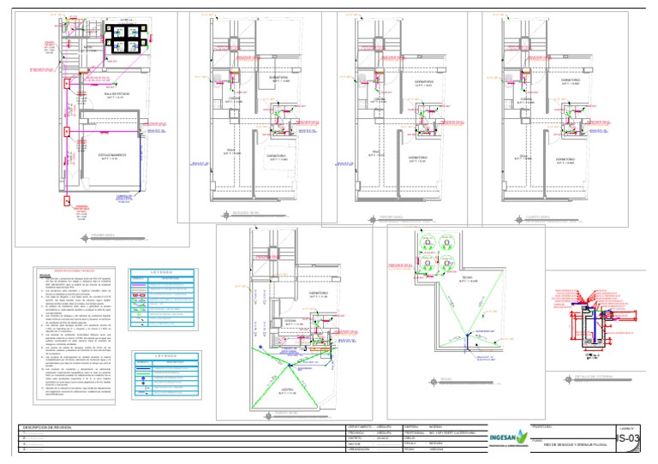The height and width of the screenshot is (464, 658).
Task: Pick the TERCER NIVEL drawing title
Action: (x=379, y=217)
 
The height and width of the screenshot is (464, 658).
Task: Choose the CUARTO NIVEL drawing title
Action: (x=525, y=217)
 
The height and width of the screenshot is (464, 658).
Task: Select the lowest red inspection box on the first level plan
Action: (x=67, y=202)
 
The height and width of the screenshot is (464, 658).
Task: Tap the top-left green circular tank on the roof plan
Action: (x=427, y=243)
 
